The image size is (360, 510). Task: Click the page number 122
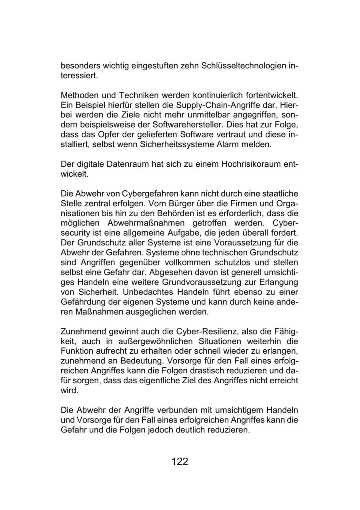click(x=180, y=462)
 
